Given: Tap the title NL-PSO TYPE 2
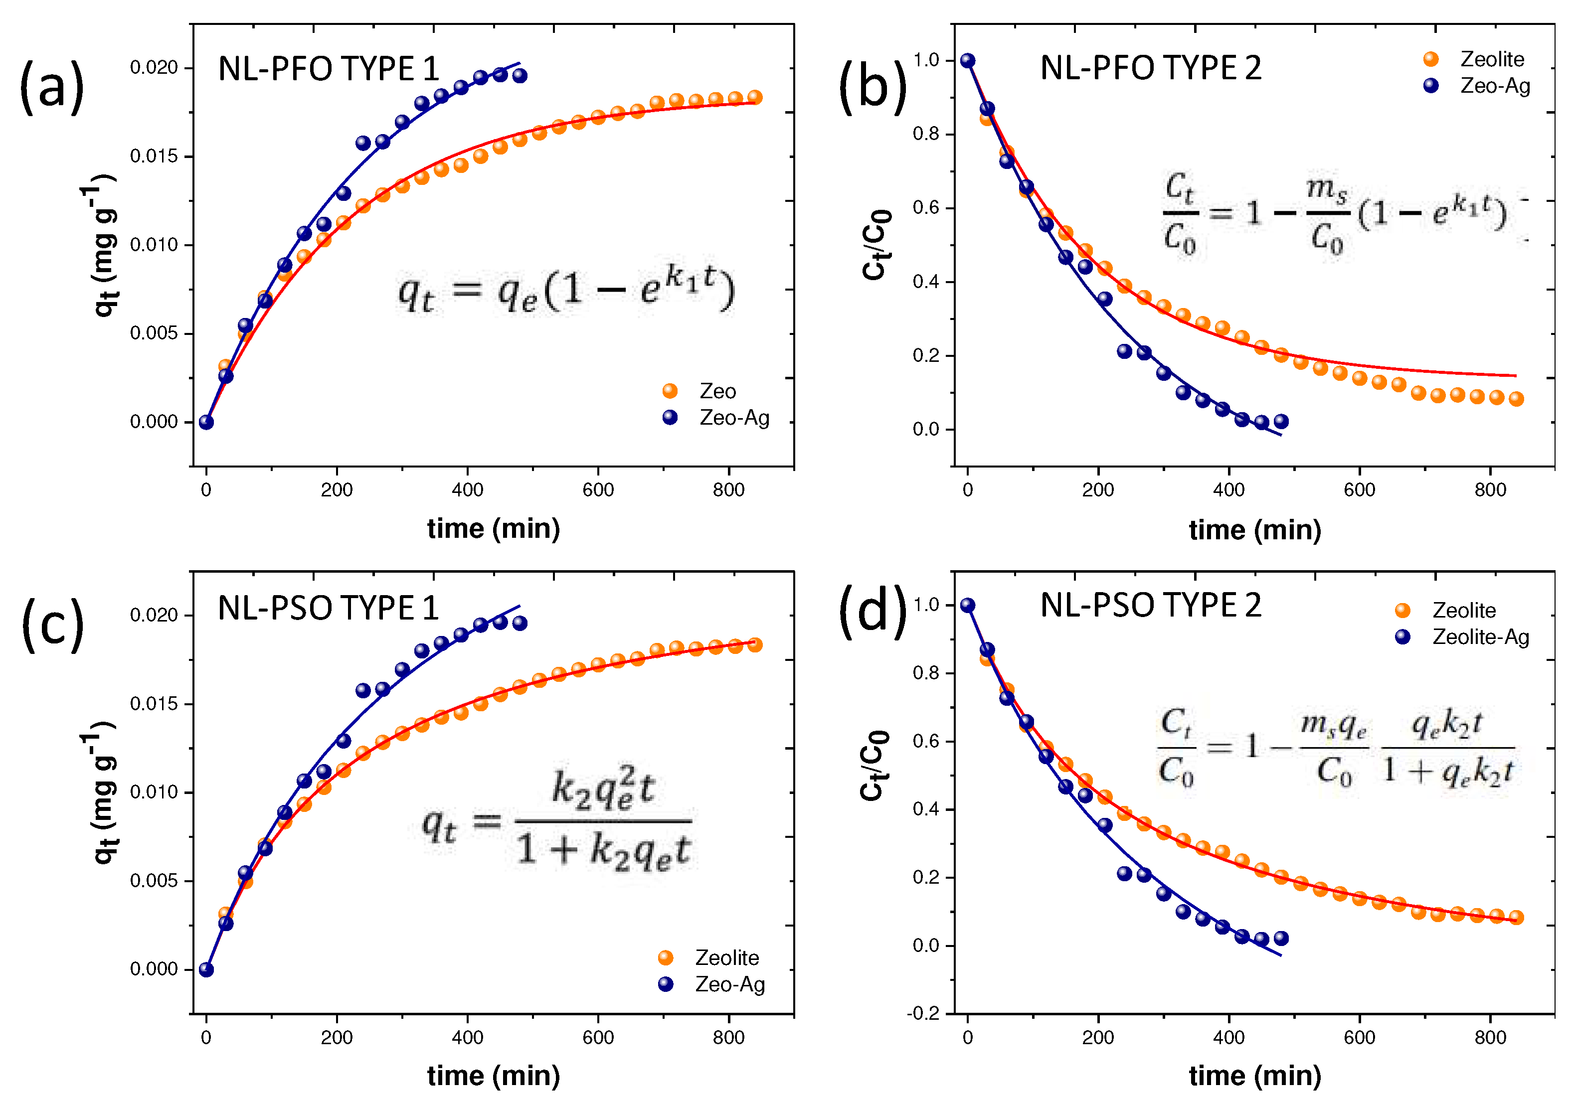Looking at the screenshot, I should (x=1150, y=606).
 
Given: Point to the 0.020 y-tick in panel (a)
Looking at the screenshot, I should (x=154, y=68).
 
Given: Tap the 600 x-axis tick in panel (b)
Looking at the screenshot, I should (x=1359, y=490).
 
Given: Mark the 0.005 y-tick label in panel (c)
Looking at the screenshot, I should (x=154, y=881).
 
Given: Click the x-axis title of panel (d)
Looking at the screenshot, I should (x=1254, y=1076).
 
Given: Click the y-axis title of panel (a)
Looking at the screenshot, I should (x=103, y=245).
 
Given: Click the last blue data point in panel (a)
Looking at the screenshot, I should (x=520, y=75).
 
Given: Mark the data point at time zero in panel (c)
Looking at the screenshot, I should (x=206, y=969).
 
